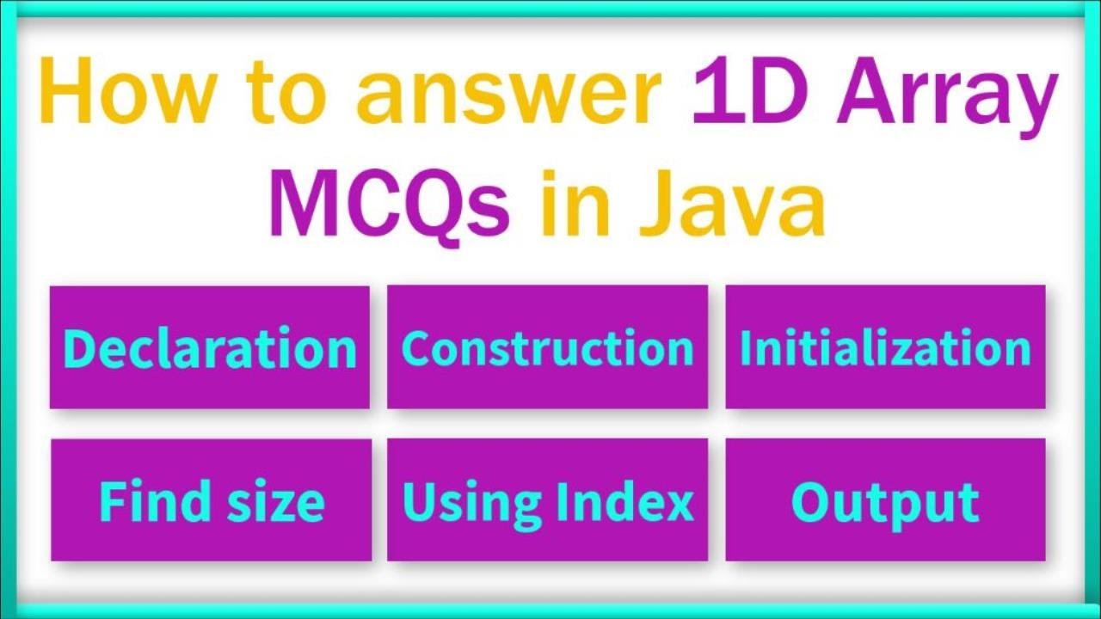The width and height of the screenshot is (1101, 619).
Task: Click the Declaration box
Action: tap(210, 347)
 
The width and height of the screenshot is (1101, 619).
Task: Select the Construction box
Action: tap(547, 347)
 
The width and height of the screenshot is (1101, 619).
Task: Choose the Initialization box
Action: tap(885, 347)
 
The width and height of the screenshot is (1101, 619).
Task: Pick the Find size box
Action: tap(211, 500)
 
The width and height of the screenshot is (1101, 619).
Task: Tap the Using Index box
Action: tap(547, 500)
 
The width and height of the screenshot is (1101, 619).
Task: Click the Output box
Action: tap(885, 500)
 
